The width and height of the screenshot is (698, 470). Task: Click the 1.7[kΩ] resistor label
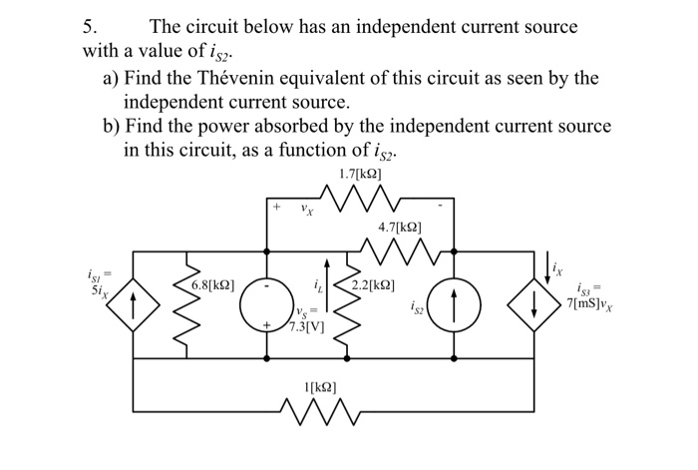[x=360, y=174]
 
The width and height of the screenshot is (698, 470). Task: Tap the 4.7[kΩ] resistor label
[x=399, y=228]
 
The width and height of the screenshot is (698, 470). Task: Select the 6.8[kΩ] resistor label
[x=212, y=284]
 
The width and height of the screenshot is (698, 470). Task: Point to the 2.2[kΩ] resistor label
[x=373, y=284]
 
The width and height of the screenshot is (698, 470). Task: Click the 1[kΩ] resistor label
[x=320, y=387]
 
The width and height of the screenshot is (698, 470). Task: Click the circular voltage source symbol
[x=266, y=305]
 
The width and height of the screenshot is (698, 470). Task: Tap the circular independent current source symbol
[x=454, y=305]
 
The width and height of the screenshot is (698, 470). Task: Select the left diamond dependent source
[x=133, y=305]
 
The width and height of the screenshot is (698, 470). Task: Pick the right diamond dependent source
[x=534, y=305]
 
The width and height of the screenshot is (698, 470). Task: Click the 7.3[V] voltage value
[x=306, y=327]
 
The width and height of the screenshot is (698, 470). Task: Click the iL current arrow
[x=328, y=285]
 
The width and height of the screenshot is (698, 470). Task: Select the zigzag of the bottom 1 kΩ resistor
[x=320, y=411]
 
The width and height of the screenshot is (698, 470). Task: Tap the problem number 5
[x=89, y=27]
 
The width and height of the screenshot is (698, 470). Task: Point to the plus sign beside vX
[x=277, y=207]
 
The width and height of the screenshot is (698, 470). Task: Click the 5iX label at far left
[x=100, y=291]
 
